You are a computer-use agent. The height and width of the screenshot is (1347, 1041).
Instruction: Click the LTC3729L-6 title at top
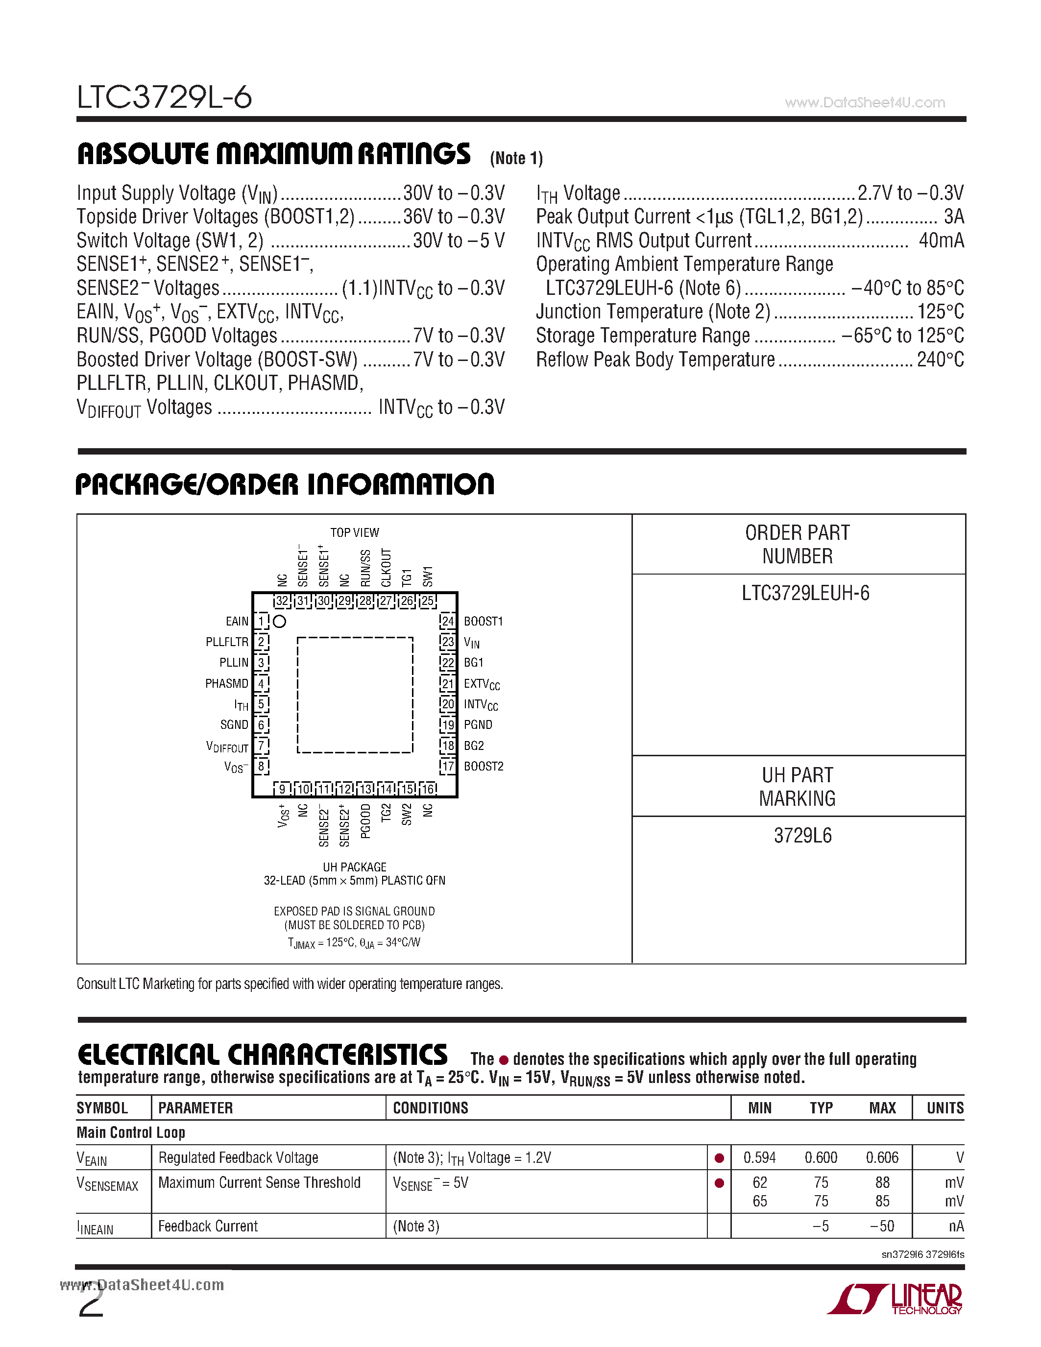pyautogui.click(x=164, y=97)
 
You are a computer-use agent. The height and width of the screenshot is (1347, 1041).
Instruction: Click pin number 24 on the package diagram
pyautogui.click(x=447, y=621)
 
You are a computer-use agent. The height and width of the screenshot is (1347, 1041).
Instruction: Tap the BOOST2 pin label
pyautogui.click(x=484, y=767)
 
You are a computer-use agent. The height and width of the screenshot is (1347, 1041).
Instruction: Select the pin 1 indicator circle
pyautogui.click(x=279, y=621)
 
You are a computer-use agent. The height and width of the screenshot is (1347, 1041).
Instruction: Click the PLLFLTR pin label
pyautogui.click(x=227, y=642)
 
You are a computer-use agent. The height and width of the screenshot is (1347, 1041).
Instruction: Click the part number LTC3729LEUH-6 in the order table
pyautogui.click(x=805, y=593)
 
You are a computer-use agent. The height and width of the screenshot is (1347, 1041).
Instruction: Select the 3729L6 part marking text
pyautogui.click(x=802, y=836)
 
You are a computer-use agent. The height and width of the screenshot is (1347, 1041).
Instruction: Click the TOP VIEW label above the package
pyautogui.click(x=355, y=532)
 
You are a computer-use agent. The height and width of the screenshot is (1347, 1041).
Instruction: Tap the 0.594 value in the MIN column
pyautogui.click(x=759, y=1157)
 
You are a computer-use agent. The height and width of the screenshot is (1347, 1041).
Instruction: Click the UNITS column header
pyautogui.click(x=945, y=1108)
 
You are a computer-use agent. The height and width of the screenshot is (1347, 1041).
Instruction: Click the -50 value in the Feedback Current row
pyautogui.click(x=882, y=1226)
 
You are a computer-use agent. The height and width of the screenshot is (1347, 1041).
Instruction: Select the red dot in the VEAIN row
pyautogui.click(x=719, y=1158)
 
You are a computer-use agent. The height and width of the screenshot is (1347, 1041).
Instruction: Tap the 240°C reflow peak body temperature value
pyautogui.click(x=940, y=360)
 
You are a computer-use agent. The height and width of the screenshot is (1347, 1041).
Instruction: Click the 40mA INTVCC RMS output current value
pyautogui.click(x=941, y=241)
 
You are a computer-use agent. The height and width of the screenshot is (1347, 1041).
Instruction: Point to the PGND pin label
pyautogui.click(x=478, y=725)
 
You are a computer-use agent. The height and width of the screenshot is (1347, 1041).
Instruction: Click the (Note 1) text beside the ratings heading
pyautogui.click(x=516, y=159)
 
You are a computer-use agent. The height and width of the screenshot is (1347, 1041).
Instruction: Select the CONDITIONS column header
pyautogui.click(x=431, y=1108)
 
